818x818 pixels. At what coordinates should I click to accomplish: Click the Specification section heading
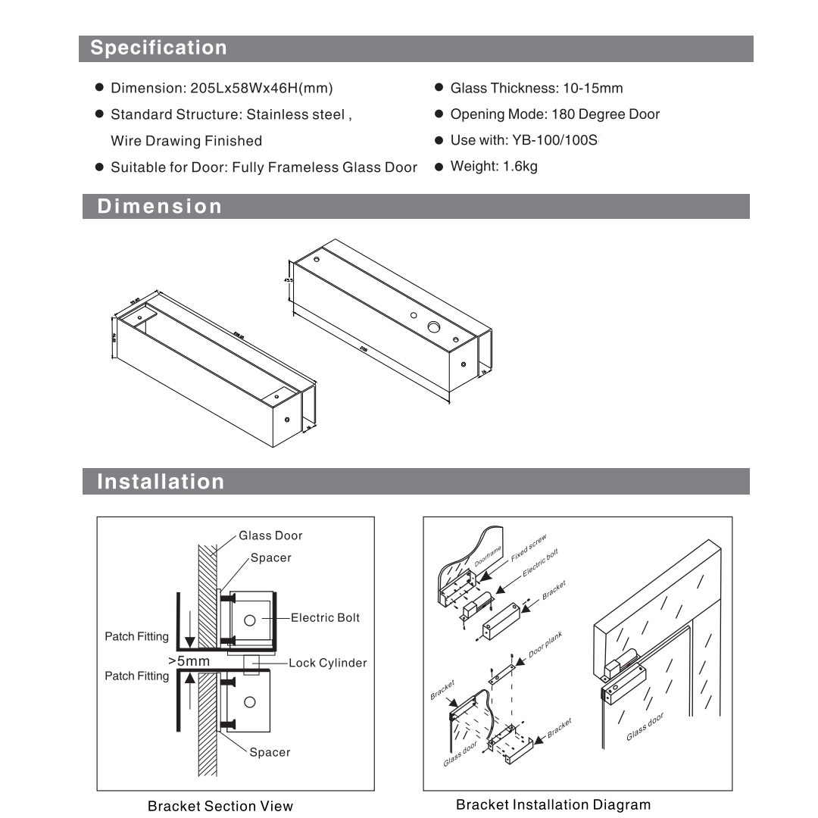[x=158, y=48]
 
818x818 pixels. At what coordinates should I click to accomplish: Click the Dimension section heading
[x=160, y=206]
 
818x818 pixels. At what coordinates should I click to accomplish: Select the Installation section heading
[x=161, y=482]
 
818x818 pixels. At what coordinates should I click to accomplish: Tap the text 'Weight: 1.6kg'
[x=493, y=166]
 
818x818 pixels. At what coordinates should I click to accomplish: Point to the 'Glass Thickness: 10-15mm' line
[x=536, y=88]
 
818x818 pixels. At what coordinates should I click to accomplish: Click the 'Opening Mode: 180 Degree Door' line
[x=554, y=114]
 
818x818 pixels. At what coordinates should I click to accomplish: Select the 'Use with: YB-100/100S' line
[x=524, y=140]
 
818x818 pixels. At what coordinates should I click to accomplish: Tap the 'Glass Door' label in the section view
[x=270, y=535]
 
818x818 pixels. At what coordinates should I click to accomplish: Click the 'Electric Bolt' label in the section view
[x=325, y=618]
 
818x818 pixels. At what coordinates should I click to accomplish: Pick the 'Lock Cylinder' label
[x=327, y=663]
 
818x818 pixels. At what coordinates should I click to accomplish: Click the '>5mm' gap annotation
[x=189, y=661]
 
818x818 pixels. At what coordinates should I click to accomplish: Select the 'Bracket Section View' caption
[x=220, y=806]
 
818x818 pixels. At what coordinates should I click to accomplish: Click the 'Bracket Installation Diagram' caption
[x=553, y=804]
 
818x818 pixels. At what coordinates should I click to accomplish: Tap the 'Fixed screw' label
[x=528, y=548]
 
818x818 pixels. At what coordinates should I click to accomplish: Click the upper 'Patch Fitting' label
[x=136, y=637]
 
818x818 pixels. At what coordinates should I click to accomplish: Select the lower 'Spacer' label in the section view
[x=270, y=752]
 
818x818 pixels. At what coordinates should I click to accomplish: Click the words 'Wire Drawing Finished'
[x=186, y=141]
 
